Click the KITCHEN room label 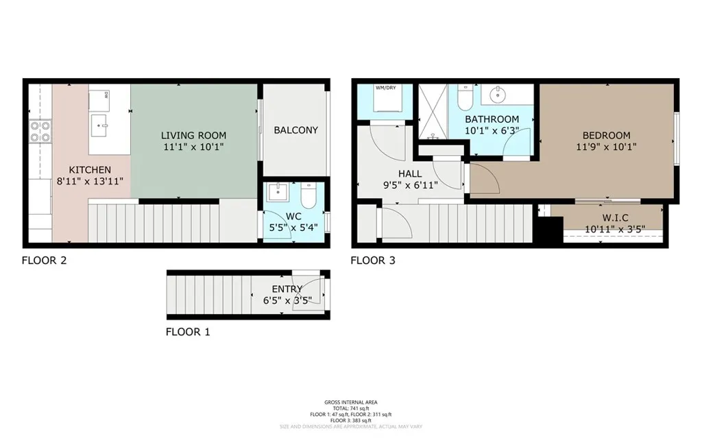90,170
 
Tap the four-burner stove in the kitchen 40,130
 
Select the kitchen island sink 101,124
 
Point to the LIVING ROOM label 193,135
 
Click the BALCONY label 295,130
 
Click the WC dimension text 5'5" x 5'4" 294,228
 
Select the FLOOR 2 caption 44,260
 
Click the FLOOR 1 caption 188,332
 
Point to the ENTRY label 286,289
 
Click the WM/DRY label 385,88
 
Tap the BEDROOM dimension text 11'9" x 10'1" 606,146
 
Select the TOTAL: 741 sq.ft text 350,407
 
